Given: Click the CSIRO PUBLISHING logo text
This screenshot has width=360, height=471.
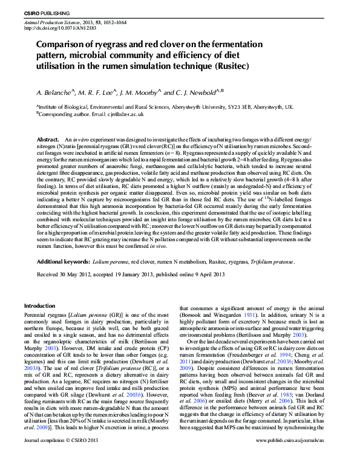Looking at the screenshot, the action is coord(46,13).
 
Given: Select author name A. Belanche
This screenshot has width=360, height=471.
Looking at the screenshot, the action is coord(56,93).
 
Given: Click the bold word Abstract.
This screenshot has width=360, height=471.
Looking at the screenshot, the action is coord(48,140).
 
